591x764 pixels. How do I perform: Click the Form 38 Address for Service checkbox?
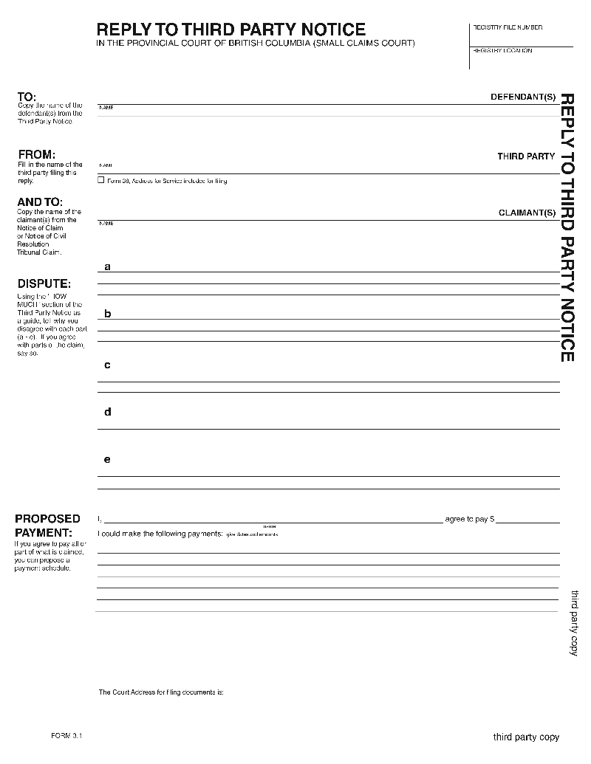tap(101, 181)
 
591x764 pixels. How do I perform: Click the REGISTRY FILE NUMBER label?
tap(507, 27)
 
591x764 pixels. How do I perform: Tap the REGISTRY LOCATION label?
tap(502, 51)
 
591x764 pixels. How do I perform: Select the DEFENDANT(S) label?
tap(523, 97)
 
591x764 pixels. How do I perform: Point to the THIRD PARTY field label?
tap(526, 156)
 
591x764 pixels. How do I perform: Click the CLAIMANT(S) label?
tap(527, 213)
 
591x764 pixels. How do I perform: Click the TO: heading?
tap(27, 97)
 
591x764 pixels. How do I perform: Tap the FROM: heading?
tap(36, 154)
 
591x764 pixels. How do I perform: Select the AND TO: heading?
tap(40, 202)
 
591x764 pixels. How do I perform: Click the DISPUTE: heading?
tap(44, 283)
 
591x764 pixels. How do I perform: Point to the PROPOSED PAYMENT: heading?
tap(47, 526)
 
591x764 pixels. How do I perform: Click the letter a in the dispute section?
tap(107, 266)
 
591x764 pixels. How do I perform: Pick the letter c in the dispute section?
tap(107, 365)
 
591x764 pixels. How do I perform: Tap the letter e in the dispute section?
tap(107, 459)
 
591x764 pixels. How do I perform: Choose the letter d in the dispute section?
tap(107, 412)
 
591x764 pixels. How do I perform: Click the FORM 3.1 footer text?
tap(66, 736)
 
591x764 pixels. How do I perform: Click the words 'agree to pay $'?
tap(469, 520)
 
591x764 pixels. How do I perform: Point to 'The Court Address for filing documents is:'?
tap(161, 692)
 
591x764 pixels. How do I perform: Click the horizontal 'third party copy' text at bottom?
tap(526, 737)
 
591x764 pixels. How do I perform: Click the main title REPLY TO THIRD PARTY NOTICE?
tap(231, 30)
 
